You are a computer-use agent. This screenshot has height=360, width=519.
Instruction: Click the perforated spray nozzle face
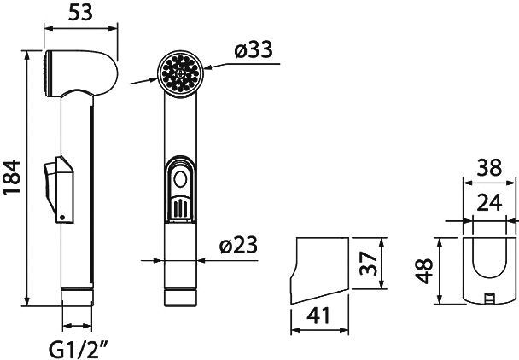pos(180,71)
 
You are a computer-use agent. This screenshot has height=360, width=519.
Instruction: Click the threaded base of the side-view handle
pos(78,297)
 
